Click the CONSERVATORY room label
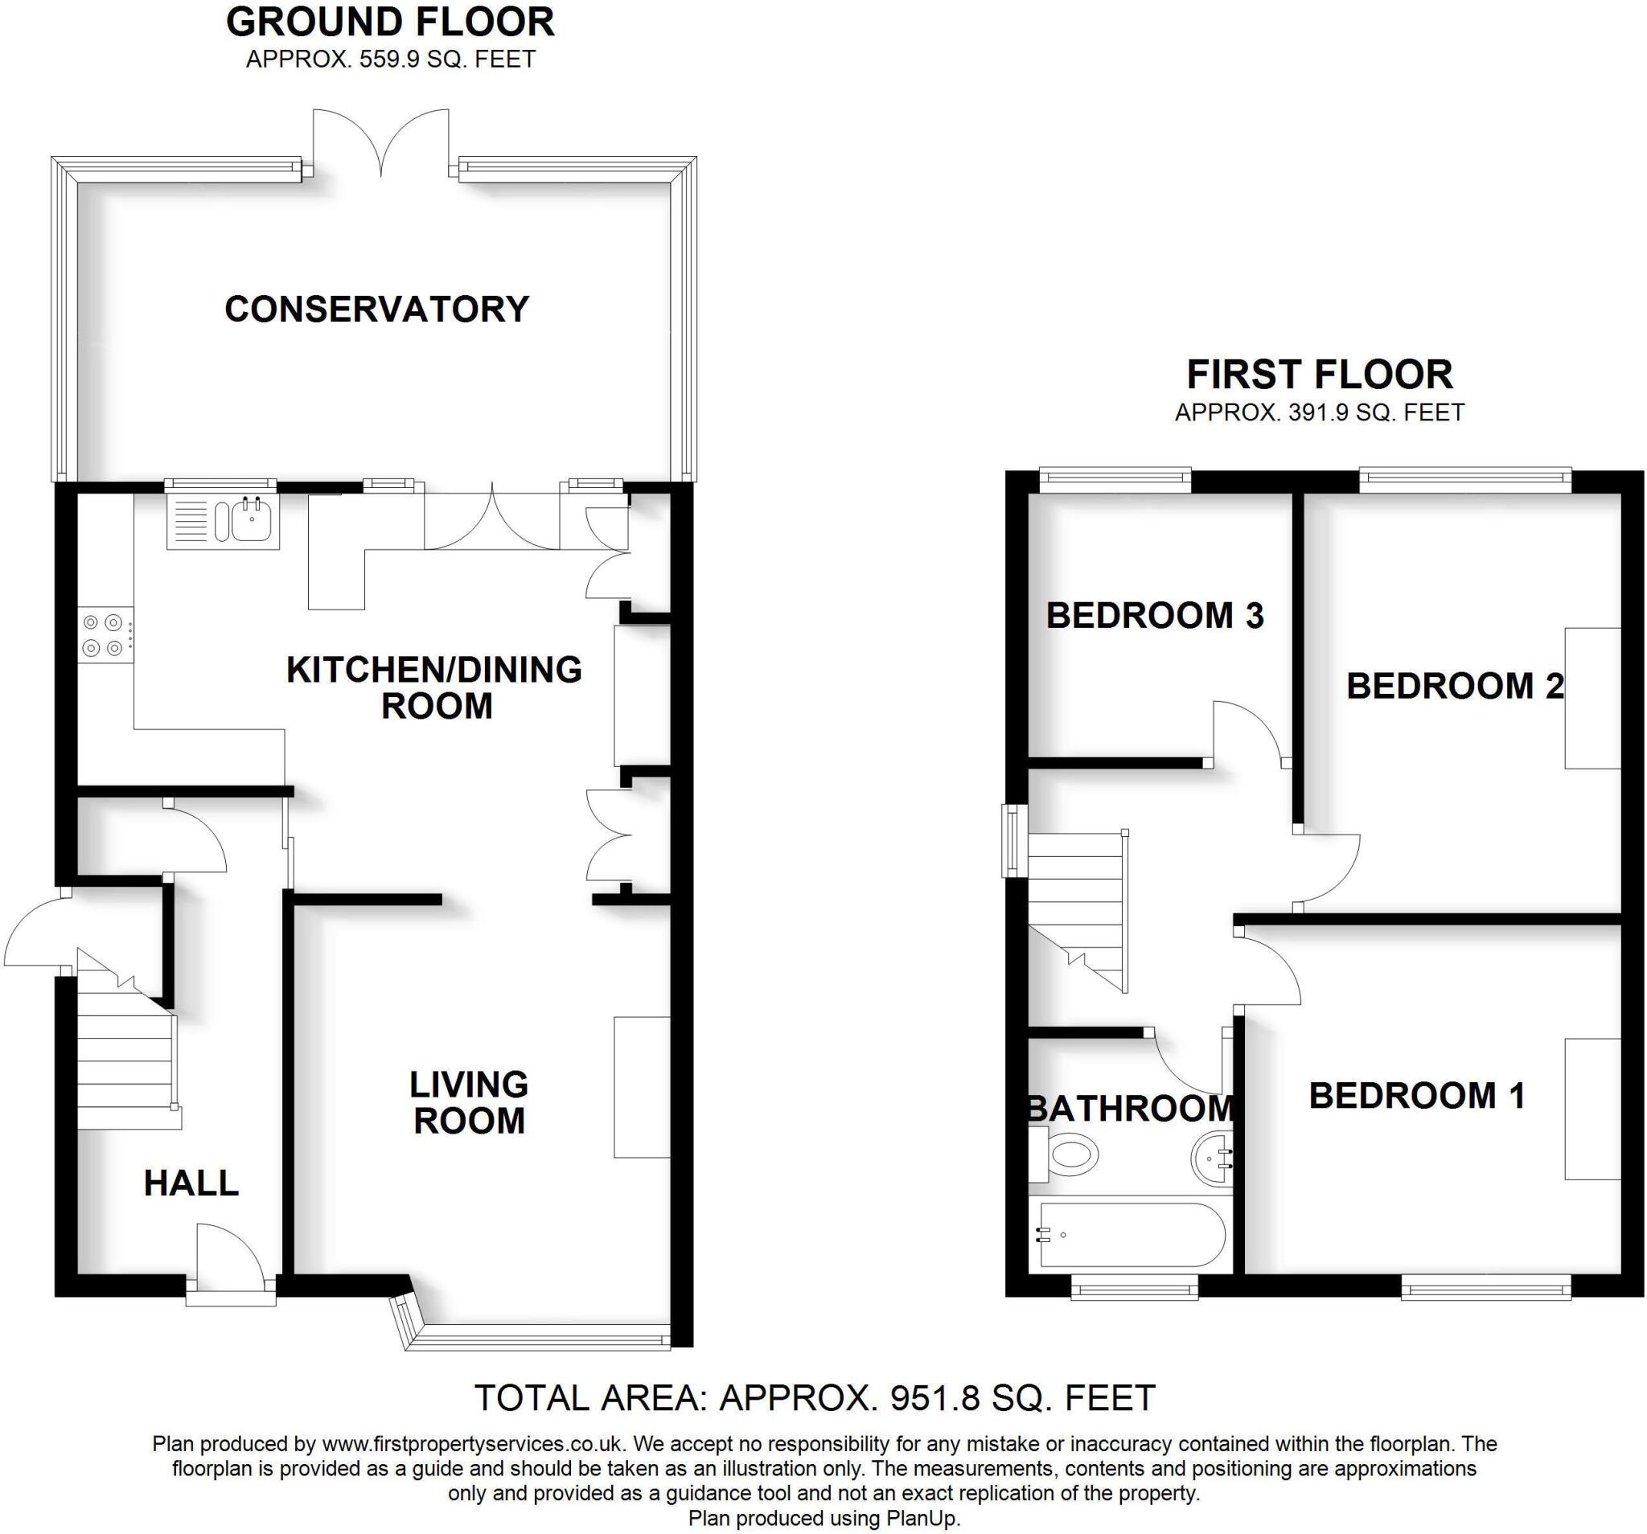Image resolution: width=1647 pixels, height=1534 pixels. (377, 310)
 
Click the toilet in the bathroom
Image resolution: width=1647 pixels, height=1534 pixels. (1069, 1154)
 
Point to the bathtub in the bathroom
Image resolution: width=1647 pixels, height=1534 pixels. (1128, 1235)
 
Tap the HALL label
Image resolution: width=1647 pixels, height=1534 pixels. (191, 1183)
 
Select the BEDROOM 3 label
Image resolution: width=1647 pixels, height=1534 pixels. (1154, 615)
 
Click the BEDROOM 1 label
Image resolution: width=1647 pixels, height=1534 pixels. (1416, 1096)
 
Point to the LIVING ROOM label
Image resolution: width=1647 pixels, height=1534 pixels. (469, 1102)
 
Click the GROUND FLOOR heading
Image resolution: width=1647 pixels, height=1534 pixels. (390, 23)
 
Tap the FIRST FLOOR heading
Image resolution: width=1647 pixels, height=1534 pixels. (1319, 375)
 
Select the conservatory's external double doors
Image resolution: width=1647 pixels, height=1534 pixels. (381, 145)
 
